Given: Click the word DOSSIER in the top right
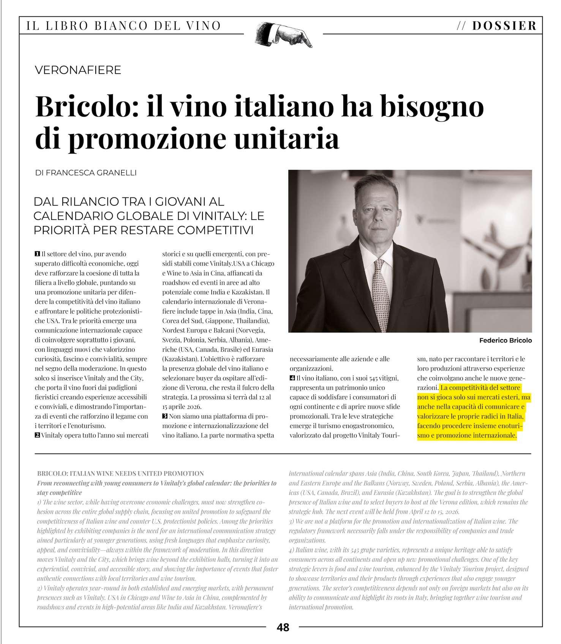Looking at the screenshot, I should coord(504,26).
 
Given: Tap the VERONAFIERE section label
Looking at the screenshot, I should coord(78,70).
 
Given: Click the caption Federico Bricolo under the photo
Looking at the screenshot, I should coord(505,341).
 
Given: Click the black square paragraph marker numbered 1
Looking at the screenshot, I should coord(37,254).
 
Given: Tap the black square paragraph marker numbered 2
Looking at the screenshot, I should coord(37,435).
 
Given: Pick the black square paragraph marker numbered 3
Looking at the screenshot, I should coord(165,416).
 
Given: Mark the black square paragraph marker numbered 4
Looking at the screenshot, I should coord(292,378).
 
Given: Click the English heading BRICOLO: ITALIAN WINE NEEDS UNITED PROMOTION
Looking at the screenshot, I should coord(121,474).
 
